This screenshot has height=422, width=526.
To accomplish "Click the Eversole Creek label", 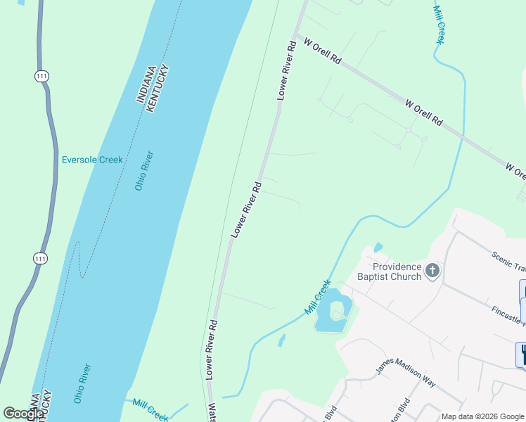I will click(92, 160).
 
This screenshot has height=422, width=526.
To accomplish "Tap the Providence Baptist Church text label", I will click(397, 271).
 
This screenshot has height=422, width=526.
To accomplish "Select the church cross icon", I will click(432, 270).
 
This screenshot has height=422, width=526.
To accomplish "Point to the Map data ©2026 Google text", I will click(482, 416).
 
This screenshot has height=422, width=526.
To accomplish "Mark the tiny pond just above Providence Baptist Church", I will click(378, 248).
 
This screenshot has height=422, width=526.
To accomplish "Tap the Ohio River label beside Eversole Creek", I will click(144, 171).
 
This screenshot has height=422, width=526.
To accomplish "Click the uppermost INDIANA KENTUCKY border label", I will click(154, 87).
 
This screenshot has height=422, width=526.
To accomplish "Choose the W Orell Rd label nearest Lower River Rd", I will click(322, 52).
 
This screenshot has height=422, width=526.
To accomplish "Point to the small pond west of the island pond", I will click(282, 341).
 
